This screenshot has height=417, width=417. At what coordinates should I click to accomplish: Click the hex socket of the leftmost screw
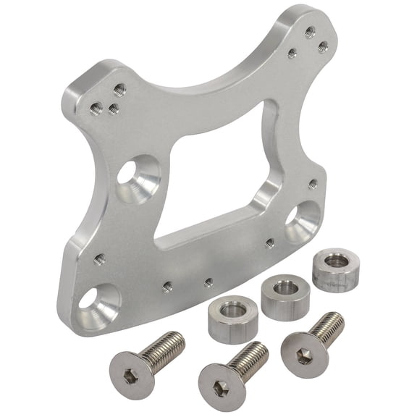[129, 374]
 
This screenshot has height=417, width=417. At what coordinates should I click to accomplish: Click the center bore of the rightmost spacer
[335, 261]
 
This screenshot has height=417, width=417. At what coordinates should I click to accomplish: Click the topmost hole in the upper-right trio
[310, 31]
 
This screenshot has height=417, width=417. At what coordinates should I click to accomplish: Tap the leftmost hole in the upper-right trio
[292, 53]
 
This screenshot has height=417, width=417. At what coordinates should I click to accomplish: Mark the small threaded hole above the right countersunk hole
[313, 184]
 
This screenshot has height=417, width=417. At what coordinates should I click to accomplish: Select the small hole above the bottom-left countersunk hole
[99, 258]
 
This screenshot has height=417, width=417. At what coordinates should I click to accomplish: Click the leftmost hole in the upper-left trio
[96, 109]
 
